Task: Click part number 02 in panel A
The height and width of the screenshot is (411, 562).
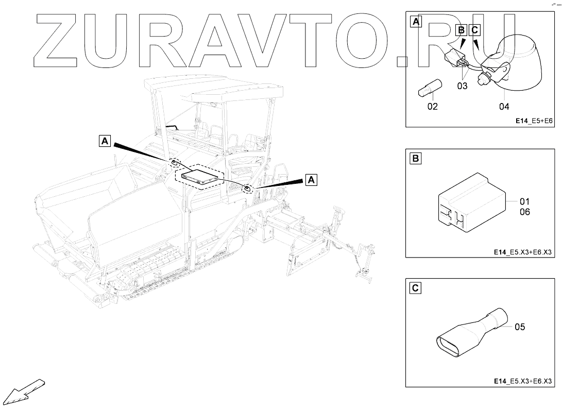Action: point(432,107)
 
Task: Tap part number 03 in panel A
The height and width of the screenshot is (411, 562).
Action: point(462,86)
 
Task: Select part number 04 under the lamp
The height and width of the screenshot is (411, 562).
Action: point(504,107)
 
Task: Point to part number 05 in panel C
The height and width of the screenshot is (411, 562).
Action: point(519,327)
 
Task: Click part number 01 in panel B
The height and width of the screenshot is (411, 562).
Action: point(524,201)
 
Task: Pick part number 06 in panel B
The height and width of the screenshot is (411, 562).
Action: point(524,212)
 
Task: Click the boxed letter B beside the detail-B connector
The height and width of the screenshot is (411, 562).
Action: point(415,159)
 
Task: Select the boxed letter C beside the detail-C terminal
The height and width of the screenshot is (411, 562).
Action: point(415,288)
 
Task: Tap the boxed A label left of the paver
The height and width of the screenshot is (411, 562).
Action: point(105,140)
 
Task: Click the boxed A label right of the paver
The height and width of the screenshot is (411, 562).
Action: point(311,179)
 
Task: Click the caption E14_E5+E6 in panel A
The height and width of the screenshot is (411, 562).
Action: point(534,121)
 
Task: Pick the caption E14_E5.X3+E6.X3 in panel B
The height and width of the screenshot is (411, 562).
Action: point(522,251)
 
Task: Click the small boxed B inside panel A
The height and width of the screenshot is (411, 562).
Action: point(462,30)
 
